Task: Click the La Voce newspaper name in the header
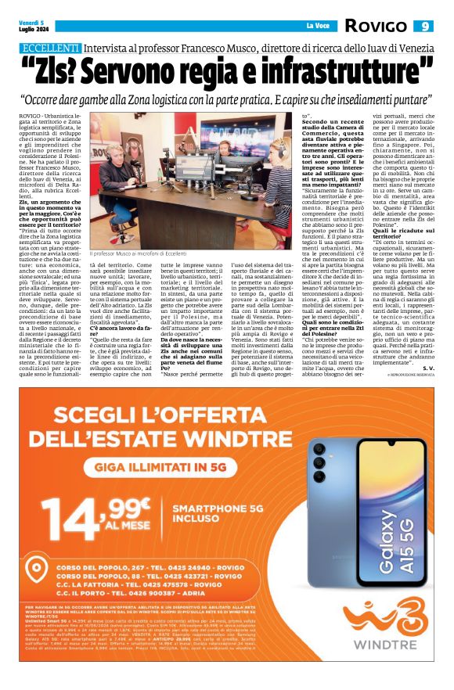pos(317,26)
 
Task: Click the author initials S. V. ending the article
pos(426,366)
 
